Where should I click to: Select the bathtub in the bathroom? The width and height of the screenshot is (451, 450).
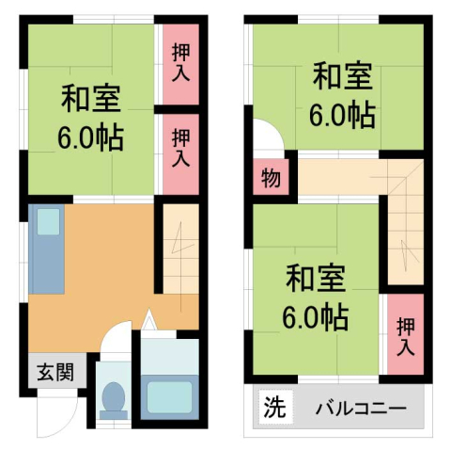pyautogui.click(x=169, y=395)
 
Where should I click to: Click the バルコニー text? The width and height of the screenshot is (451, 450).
pyautogui.click(x=360, y=410)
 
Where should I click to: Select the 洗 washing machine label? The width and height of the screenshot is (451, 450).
pyautogui.click(x=272, y=410)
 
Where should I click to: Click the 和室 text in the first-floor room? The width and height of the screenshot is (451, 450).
pyautogui.click(x=91, y=97)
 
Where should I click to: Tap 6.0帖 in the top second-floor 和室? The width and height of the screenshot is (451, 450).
pyautogui.click(x=343, y=115)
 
